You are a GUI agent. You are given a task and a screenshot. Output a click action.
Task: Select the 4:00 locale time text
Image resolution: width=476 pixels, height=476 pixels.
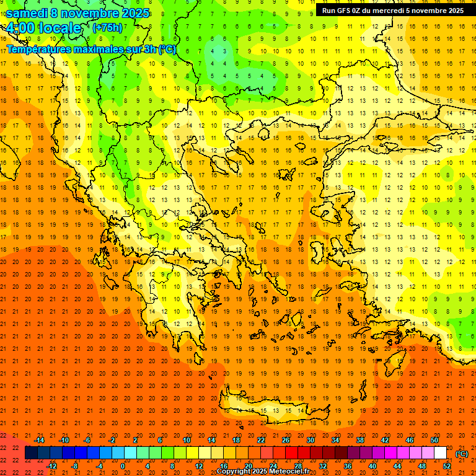[x=43, y=28]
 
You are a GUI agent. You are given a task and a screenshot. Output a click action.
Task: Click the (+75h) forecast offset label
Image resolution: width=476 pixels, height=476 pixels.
[x=107, y=28]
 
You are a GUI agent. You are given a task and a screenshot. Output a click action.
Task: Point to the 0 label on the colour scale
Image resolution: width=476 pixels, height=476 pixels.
[x=123, y=466]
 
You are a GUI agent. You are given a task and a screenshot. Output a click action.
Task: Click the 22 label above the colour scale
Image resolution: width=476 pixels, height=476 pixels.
[x=261, y=440]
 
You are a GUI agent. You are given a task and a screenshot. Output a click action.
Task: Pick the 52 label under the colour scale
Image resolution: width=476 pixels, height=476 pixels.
[x=446, y=466]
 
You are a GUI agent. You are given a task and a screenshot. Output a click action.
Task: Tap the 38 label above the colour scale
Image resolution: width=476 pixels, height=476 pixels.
[x=360, y=440]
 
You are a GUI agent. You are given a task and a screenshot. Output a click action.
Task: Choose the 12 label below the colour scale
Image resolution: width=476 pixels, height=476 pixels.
[x=199, y=466]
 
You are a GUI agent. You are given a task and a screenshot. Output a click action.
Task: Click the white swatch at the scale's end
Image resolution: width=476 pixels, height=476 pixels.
[x=440, y=453]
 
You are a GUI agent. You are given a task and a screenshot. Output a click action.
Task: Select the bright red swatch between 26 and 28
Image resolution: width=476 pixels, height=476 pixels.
[x=291, y=453]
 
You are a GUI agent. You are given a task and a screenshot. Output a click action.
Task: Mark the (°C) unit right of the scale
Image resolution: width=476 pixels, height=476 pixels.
[x=462, y=454]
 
